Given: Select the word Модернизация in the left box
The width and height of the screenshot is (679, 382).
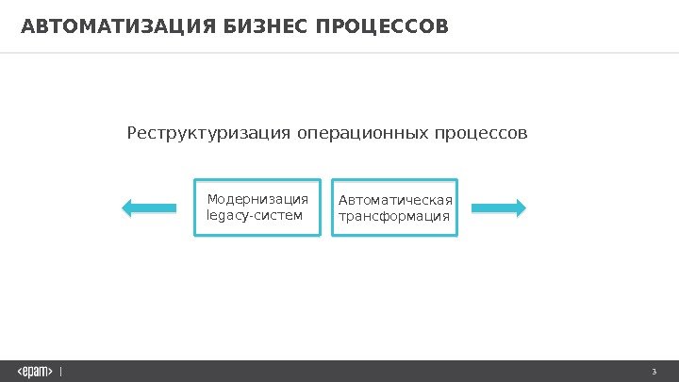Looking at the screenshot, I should coord(257,199).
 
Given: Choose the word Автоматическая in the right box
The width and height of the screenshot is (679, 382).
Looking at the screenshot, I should coord(395,200).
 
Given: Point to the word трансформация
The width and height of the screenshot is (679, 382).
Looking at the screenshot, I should coord(394,217).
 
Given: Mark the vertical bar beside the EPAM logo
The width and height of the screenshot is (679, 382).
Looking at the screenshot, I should coord(61,371).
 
